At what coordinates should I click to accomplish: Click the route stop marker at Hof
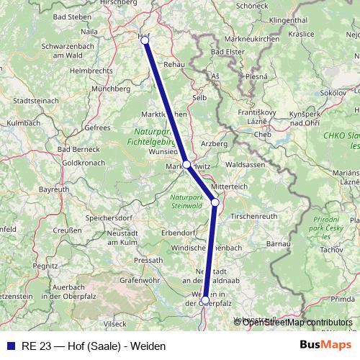click(145, 40)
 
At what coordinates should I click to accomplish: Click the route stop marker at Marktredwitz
click(186, 165)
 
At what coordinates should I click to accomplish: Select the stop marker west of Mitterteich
click(215, 202)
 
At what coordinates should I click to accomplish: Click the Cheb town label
click(262, 134)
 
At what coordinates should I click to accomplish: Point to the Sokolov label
click(333, 93)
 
